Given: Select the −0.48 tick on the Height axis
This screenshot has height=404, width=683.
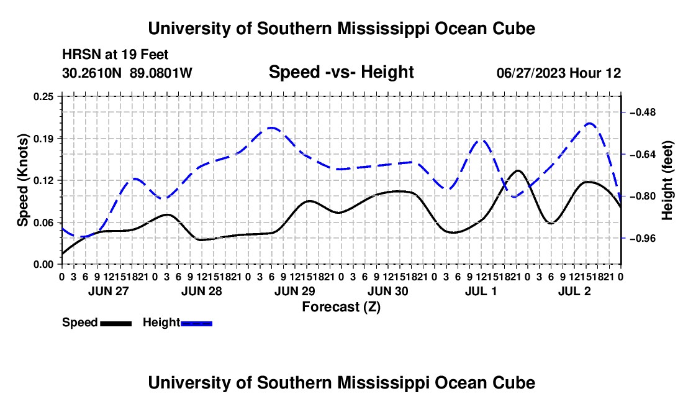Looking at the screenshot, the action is (643, 112).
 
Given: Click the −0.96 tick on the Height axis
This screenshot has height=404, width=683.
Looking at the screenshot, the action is (643, 239).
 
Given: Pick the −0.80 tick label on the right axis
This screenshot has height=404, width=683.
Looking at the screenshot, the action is (643, 196).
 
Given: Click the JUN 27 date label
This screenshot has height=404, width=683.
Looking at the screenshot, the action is (109, 291).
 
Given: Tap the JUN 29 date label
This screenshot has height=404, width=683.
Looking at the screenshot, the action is (294, 291).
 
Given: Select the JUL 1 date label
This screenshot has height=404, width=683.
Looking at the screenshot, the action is (481, 291).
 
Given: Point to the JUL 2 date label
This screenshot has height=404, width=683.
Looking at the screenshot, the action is (574, 291).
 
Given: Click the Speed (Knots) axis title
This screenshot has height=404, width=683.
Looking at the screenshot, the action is (22, 180).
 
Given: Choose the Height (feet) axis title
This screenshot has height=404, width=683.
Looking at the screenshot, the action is (667, 180).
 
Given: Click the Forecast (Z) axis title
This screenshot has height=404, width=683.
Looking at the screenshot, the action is (341, 307).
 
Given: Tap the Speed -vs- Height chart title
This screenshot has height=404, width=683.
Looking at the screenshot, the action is (341, 72).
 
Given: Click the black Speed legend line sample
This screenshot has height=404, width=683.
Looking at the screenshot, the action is (116, 324).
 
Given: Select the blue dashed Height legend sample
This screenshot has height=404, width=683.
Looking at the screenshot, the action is (196, 324).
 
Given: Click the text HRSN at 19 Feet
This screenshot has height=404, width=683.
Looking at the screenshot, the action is (115, 55).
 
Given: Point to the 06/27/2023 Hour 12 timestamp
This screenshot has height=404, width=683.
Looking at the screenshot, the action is (559, 73).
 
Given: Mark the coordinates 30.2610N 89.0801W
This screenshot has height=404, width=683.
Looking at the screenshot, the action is (127, 73).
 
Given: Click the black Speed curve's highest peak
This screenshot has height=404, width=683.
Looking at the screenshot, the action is (517, 170).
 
